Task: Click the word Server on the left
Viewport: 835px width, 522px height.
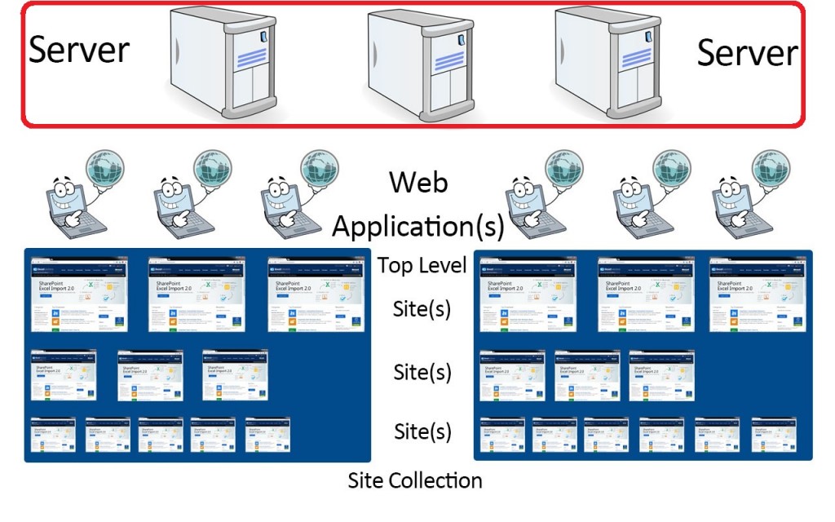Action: pyautogui.click(x=79, y=50)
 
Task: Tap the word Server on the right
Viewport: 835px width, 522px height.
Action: pyautogui.click(x=747, y=53)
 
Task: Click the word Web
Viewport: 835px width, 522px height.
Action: pyautogui.click(x=418, y=182)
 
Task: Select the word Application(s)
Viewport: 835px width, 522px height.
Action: pyautogui.click(x=418, y=226)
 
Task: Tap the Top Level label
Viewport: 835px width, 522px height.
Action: pyautogui.click(x=422, y=264)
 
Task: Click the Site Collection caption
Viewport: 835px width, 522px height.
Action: pyautogui.click(x=415, y=480)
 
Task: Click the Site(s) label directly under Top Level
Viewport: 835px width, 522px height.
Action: pyautogui.click(x=422, y=310)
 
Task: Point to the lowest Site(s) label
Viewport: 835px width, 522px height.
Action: pyautogui.click(x=422, y=430)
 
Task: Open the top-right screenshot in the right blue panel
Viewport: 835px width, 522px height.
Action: pyautogui.click(x=754, y=294)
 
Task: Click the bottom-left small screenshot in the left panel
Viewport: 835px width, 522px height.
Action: pyautogui.click(x=53, y=435)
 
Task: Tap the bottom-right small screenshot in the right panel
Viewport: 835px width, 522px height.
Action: pyautogui.click(x=772, y=435)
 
